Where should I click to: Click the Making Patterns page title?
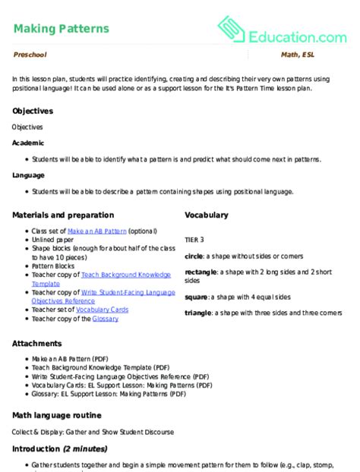click(x=61, y=29)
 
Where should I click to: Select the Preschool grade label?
click(x=30, y=56)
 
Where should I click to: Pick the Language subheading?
click(x=29, y=175)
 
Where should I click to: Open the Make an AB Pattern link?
click(x=96, y=230)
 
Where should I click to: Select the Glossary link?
click(x=105, y=319)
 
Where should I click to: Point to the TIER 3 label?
click(x=194, y=239)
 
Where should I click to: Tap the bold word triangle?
click(x=199, y=313)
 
